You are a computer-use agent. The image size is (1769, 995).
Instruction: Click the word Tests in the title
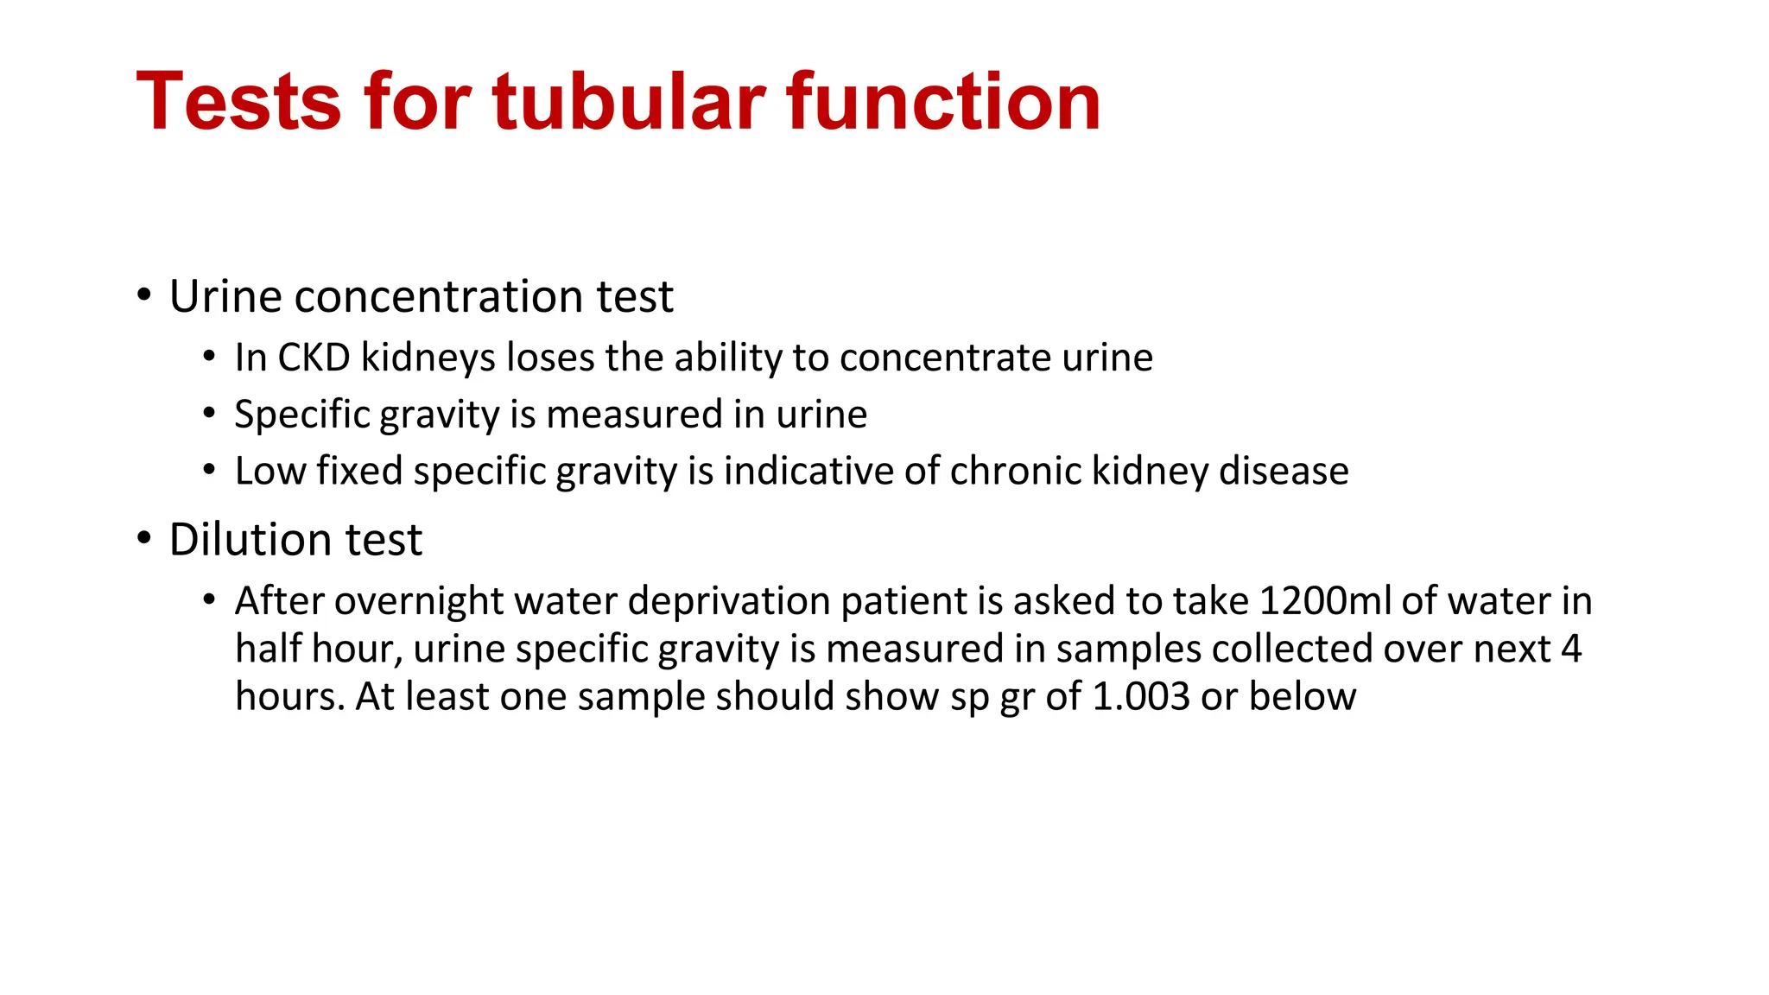(238, 102)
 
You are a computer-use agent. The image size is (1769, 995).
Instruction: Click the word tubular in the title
(629, 102)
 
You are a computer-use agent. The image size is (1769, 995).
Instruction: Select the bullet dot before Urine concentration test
(144, 296)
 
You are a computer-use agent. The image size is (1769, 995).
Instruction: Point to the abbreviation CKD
(314, 358)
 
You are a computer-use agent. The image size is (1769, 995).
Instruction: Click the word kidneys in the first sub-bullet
(428, 358)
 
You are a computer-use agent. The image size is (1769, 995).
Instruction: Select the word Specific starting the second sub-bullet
(302, 415)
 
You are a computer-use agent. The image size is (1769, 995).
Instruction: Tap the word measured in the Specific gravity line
(634, 415)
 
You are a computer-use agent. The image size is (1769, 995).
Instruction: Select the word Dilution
(250, 540)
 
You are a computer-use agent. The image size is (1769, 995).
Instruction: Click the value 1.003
(1140, 697)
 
